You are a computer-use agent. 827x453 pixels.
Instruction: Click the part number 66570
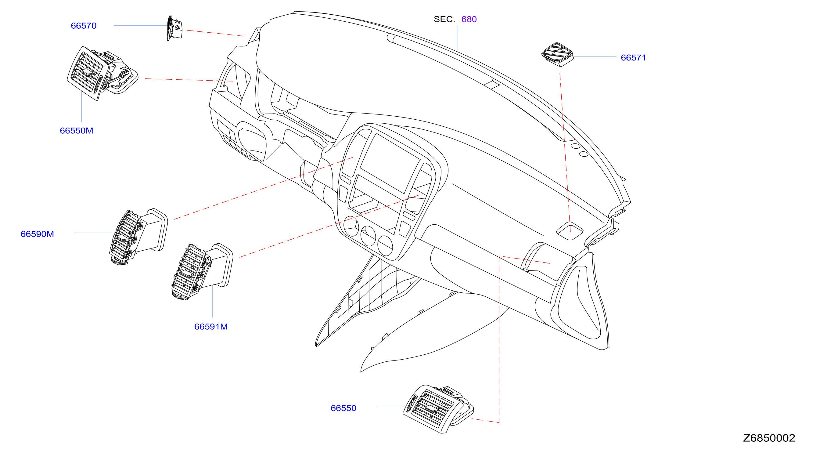pyautogui.click(x=84, y=26)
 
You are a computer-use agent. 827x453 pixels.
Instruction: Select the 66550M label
pyautogui.click(x=76, y=131)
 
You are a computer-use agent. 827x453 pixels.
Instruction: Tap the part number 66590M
pyautogui.click(x=37, y=234)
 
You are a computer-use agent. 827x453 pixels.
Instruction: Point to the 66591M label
pyautogui.click(x=211, y=326)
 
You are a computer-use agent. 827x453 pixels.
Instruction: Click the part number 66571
pyautogui.click(x=633, y=57)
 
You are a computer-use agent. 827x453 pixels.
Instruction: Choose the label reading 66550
pyautogui.click(x=343, y=408)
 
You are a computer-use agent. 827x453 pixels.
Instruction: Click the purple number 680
pyautogui.click(x=469, y=19)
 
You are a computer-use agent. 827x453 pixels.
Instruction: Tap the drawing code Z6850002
pyautogui.click(x=769, y=438)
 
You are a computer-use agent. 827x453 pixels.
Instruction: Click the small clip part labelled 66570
pyautogui.click(x=174, y=28)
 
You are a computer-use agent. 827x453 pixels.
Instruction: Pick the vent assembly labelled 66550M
pyautogui.click(x=102, y=73)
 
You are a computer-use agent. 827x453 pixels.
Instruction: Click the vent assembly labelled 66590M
pyautogui.click(x=138, y=237)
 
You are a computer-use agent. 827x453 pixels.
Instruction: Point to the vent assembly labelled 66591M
pyautogui.click(x=202, y=271)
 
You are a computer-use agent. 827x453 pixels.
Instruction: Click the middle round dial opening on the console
pyautogui.click(x=368, y=236)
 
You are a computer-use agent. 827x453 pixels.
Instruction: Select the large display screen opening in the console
pyautogui.click(x=390, y=163)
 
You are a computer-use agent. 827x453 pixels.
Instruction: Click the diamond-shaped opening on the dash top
pyautogui.click(x=570, y=231)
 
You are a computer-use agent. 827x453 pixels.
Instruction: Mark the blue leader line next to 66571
pyautogui.click(x=595, y=56)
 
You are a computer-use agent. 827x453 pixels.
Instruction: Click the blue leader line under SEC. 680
pyautogui.click(x=458, y=39)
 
